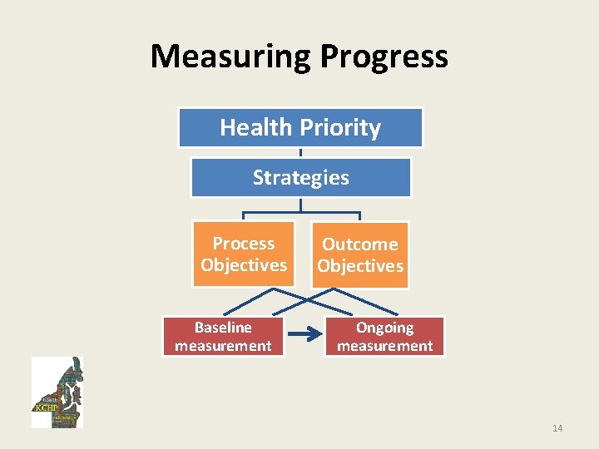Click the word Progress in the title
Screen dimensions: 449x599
[x=384, y=57]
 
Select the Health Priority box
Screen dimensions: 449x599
[x=300, y=128]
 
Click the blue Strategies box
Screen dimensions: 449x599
[x=300, y=178]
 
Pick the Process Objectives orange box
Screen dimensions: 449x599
[x=244, y=254]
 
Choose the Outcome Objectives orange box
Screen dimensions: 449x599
[x=360, y=255]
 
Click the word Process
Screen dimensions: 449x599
[x=244, y=244]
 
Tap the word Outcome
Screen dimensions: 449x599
[x=360, y=244]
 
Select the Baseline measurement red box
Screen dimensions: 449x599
[x=223, y=337]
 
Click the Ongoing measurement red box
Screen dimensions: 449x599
[x=384, y=337]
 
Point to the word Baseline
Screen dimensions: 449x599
[x=223, y=328]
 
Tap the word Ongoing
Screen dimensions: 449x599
[x=384, y=328]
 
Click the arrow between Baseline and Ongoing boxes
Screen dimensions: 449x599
[x=304, y=337]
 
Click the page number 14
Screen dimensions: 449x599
[x=557, y=428]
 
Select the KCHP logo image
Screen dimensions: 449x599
[x=57, y=392]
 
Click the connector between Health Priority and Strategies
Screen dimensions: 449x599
[x=300, y=153]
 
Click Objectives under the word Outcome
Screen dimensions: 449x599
[x=360, y=266]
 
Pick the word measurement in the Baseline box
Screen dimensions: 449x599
[x=223, y=346]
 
